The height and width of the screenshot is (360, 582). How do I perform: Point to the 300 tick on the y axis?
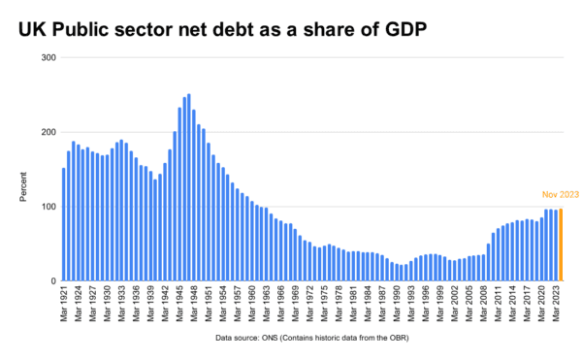point(48,58)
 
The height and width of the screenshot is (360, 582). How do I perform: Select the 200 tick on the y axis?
point(48,133)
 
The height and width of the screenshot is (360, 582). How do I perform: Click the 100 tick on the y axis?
point(48,207)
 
